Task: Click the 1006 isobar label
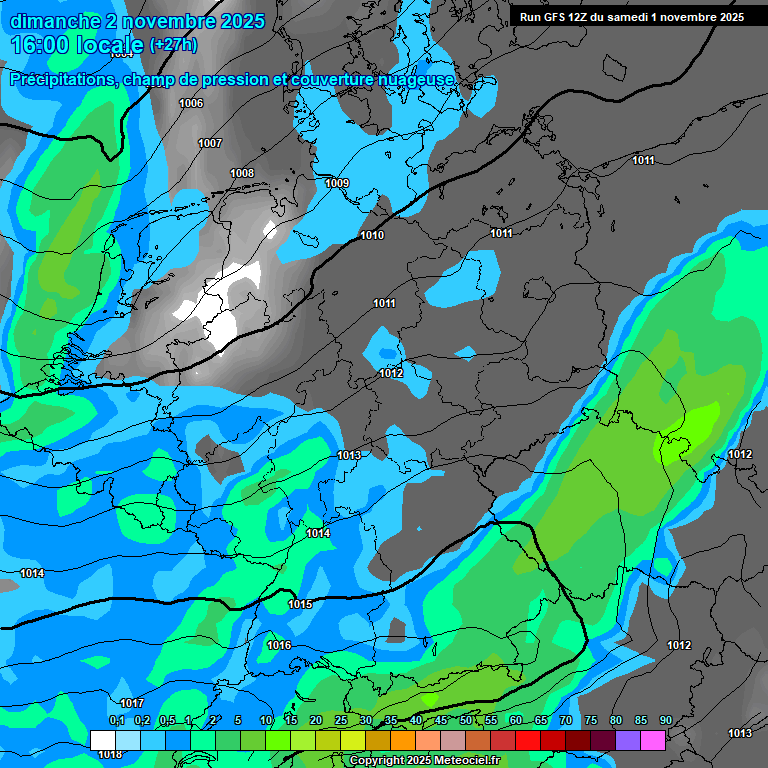point(191,103)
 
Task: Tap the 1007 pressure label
point(210,143)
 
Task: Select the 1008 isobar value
point(242,173)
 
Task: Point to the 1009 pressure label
point(337,183)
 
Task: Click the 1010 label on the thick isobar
point(372,235)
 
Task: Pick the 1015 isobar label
point(300,604)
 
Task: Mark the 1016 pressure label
point(279,645)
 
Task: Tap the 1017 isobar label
point(132,703)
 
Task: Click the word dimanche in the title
point(56,21)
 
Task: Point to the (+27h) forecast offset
point(173,45)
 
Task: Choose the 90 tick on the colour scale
point(665,720)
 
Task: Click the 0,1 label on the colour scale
point(116,720)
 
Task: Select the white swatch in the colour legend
point(102,740)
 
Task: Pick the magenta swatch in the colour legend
point(653,740)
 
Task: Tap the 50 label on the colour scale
point(466,720)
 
